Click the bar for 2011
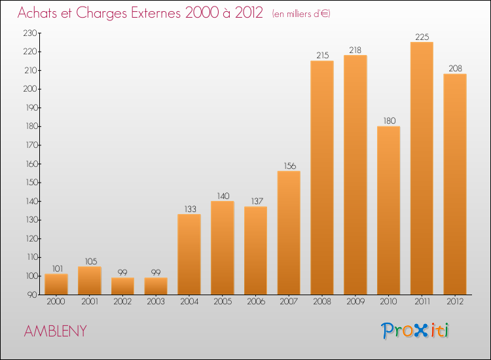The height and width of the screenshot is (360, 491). pos(422,168)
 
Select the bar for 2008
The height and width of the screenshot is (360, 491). pos(322,177)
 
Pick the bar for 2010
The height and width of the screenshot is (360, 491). pos(388,210)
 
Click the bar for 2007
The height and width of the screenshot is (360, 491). pos(289,232)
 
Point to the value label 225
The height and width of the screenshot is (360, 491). pos(422,37)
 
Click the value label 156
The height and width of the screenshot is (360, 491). pos(289,166)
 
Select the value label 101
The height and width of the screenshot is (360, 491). pos(56,268)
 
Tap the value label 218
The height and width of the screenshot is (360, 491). pos(355,50)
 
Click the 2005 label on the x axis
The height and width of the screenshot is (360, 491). pos(223,302)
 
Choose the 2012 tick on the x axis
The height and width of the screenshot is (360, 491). pos(455,302)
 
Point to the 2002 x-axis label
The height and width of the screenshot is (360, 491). pos(122,302)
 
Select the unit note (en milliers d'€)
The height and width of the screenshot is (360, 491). pos(301,14)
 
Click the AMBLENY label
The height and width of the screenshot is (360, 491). pos(55,331)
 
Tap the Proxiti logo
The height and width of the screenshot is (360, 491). pos(415,331)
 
